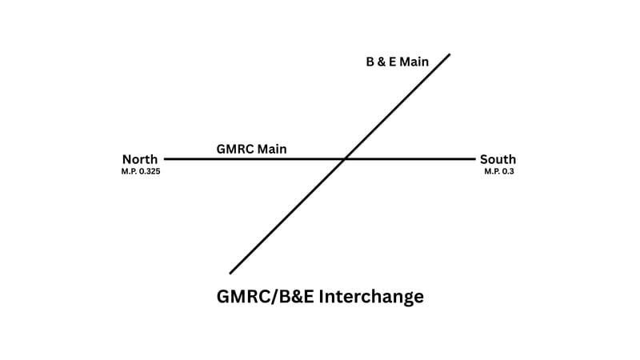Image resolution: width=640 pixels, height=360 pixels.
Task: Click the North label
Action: coord(140,159)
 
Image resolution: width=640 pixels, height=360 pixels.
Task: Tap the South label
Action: coord(498,159)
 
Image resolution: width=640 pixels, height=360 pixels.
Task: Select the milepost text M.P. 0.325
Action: coord(140,171)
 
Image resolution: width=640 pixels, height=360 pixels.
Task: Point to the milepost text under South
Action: coord(498,171)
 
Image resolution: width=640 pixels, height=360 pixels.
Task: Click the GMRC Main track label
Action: coord(251,148)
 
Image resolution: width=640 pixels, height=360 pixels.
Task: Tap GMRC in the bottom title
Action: coord(242,297)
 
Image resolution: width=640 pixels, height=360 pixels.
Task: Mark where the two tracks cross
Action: coord(344,159)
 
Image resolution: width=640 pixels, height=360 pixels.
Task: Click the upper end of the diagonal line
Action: coord(450,54)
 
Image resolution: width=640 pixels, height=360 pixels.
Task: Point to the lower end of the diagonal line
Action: coord(230,273)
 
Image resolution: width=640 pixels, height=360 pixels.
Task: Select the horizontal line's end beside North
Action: coord(165,159)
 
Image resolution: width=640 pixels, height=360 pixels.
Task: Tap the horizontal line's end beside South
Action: coord(474,159)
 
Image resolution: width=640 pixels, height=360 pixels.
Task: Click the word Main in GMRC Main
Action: coord(271,148)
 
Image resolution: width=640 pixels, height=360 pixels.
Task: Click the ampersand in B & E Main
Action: coord(381,62)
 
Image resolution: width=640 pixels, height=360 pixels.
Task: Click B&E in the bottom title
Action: coord(294,297)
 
